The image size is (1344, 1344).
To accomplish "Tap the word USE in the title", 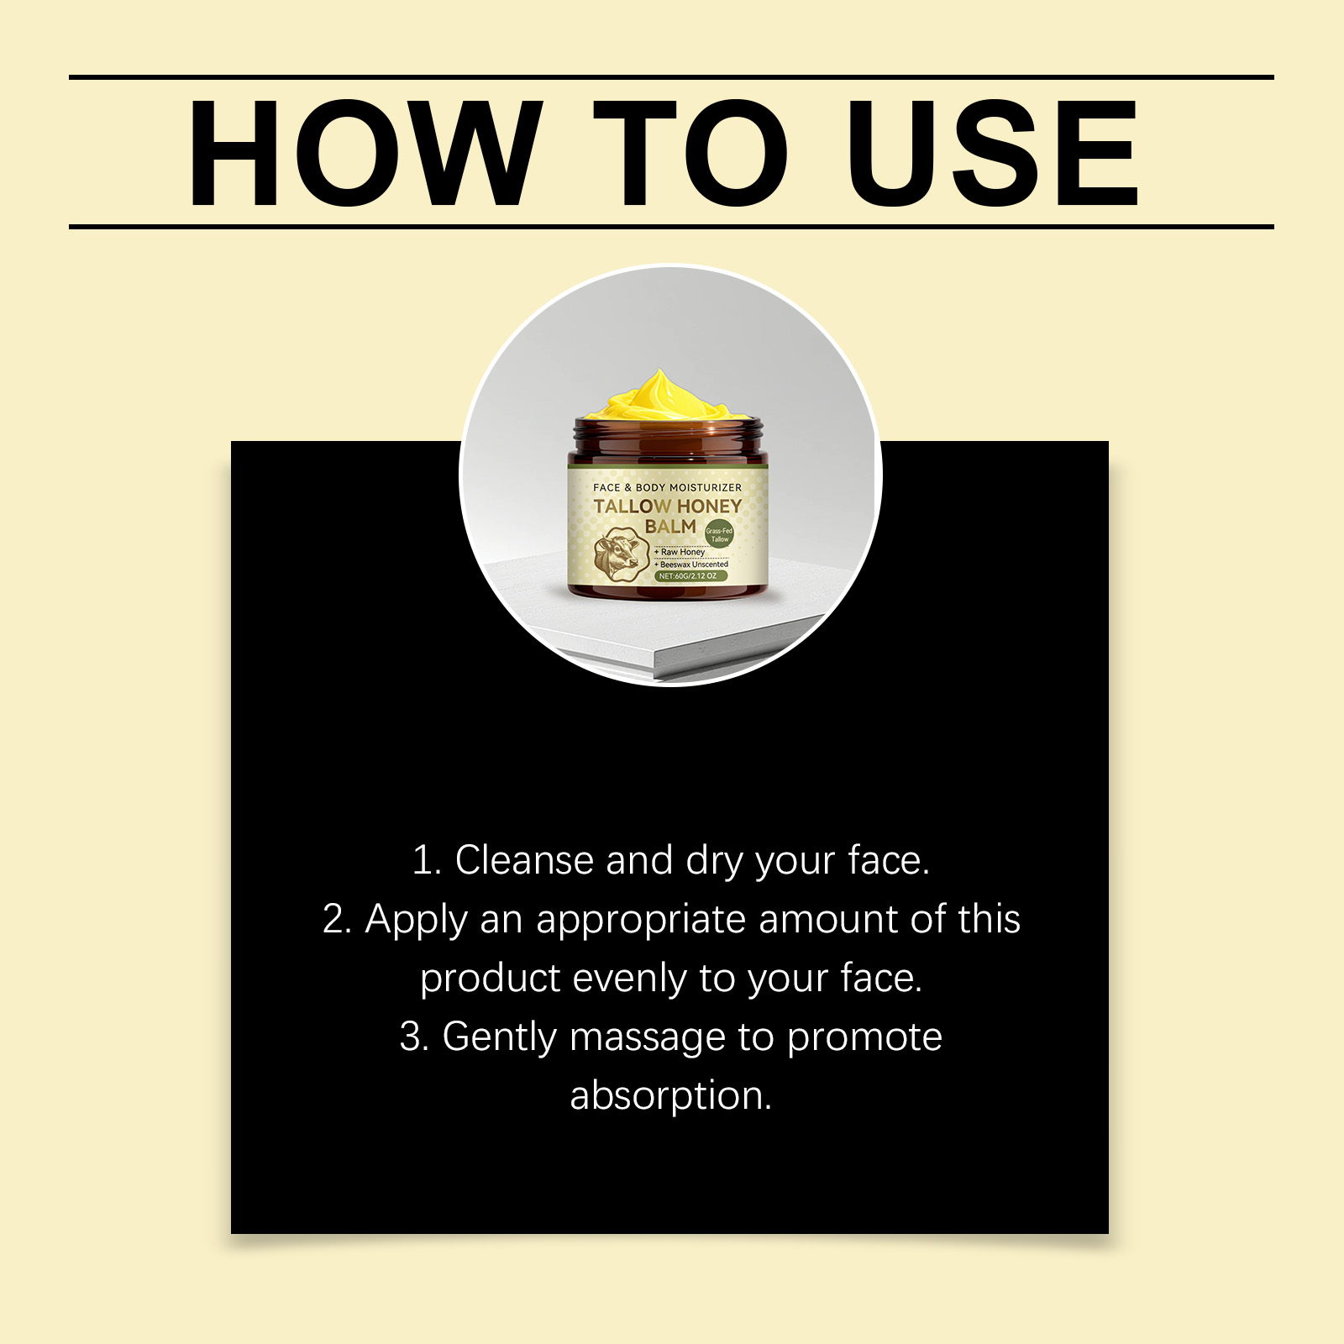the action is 993,153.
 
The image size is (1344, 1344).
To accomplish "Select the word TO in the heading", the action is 690,153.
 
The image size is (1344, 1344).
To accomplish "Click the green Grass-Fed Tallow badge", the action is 719,534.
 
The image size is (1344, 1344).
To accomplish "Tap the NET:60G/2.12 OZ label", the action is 689,576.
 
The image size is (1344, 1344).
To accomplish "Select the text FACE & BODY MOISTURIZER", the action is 668,487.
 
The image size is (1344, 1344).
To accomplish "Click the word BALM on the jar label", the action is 670,527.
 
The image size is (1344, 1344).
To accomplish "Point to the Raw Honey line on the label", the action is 680,552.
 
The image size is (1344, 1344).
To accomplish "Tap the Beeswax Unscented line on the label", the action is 691,564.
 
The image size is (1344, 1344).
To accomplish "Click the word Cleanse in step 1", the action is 524,860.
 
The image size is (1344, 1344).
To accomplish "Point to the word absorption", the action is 671,1097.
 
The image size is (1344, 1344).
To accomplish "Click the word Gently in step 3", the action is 500,1038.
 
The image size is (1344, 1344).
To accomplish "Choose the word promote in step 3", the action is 865,1038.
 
